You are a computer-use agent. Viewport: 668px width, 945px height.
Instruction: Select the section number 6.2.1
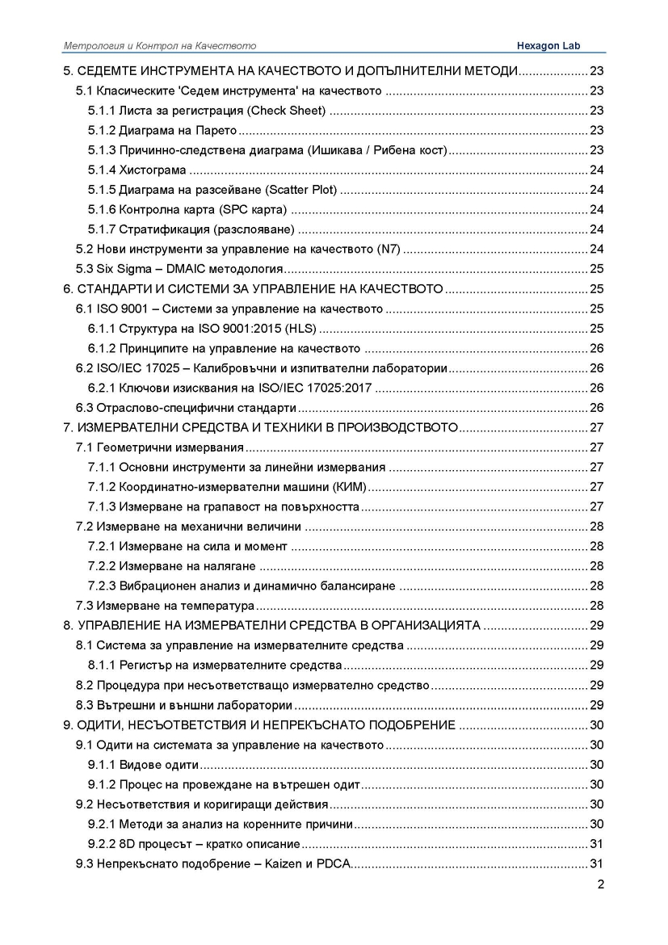click(x=101, y=388)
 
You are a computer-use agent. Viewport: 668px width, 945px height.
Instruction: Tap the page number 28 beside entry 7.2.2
click(x=598, y=566)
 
